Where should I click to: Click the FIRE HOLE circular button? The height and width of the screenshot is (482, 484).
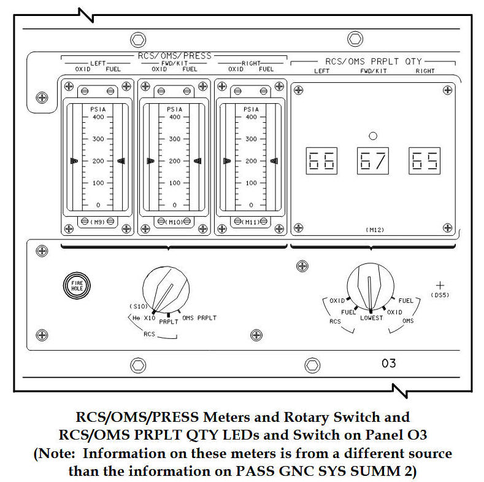pyautogui.click(x=77, y=285)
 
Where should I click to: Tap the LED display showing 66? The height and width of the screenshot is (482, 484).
pyautogui.click(x=321, y=161)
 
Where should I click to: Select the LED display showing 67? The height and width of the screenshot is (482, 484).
pyautogui.click(x=372, y=161)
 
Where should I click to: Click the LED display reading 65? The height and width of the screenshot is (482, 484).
pyautogui.click(x=424, y=161)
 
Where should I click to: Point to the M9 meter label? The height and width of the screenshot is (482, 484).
pyautogui.click(x=98, y=222)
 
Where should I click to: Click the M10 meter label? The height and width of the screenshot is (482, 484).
pyautogui.click(x=175, y=222)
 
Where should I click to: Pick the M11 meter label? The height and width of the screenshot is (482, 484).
pyautogui.click(x=252, y=222)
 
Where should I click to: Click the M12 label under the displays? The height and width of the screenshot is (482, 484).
pyautogui.click(x=372, y=228)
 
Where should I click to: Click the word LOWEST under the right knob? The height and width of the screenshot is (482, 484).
pyautogui.click(x=371, y=317)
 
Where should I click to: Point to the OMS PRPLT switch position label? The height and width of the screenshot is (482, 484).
pyautogui.click(x=199, y=317)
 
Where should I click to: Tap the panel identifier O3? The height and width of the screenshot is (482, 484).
pyautogui.click(x=389, y=363)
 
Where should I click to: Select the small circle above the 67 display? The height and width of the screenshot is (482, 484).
pyautogui.click(x=372, y=136)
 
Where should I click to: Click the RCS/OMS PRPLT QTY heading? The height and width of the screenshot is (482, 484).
pyautogui.click(x=373, y=61)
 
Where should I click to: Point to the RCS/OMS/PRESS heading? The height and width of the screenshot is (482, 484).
pyautogui.click(x=174, y=56)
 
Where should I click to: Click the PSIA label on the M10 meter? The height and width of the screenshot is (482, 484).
pyautogui.click(x=175, y=109)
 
